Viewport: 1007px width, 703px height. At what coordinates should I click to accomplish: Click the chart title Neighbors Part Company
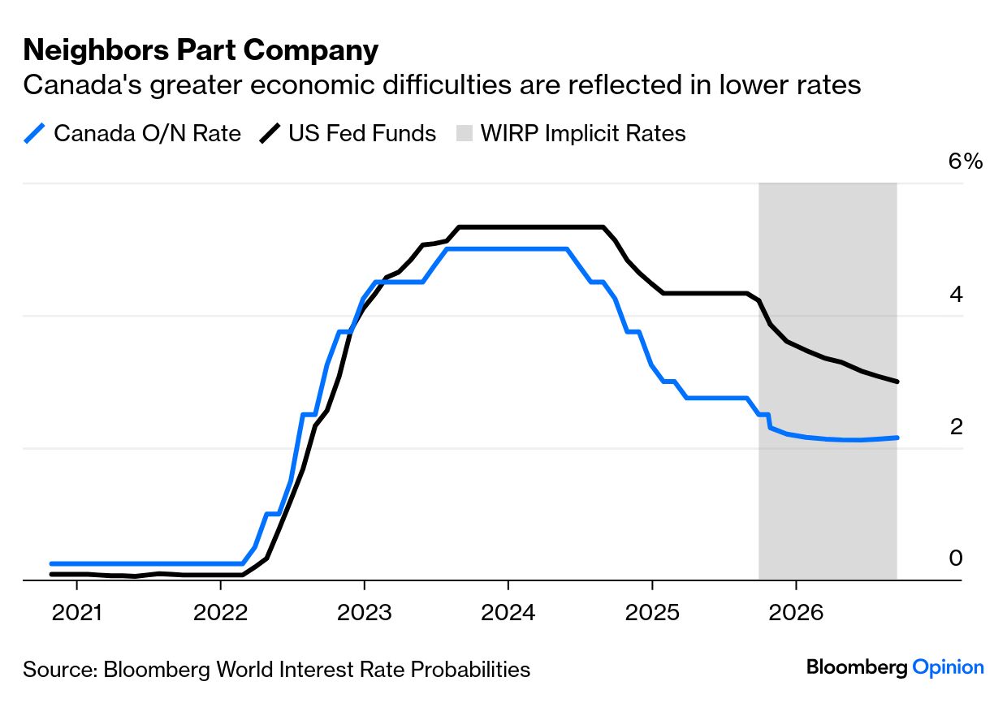pos(201,50)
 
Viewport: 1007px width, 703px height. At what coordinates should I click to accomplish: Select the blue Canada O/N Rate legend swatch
pos(36,133)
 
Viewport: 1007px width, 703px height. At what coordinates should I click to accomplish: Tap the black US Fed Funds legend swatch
pos(270,133)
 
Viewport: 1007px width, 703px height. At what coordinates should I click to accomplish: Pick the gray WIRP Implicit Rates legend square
pos(464,133)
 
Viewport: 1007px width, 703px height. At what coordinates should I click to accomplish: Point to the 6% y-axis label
pos(966,162)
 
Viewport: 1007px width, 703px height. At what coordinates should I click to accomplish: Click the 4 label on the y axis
pos(956,294)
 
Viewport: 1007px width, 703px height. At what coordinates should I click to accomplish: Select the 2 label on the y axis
pos(956,426)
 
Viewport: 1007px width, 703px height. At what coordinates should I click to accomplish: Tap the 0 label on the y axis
pos(956,559)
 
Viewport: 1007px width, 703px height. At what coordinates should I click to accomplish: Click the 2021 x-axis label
pos(76,611)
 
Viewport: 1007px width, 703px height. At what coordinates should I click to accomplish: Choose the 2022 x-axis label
pos(220,611)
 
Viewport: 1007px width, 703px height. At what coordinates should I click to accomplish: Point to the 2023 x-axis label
pos(364,611)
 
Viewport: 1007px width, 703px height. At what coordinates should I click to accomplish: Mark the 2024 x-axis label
pos(508,611)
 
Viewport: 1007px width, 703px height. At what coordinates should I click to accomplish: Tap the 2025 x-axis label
pos(651,611)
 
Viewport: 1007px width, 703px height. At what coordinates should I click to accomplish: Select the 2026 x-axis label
pos(795,611)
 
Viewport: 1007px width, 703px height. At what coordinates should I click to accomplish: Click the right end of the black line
pos(897,382)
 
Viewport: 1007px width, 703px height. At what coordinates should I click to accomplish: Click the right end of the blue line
pos(897,438)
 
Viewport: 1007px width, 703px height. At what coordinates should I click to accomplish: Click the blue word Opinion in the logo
pos(948,668)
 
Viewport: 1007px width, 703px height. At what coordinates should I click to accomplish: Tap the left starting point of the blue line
pos(51,563)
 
